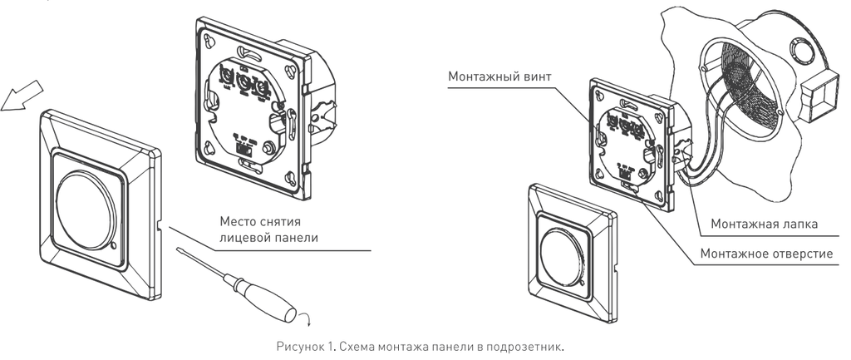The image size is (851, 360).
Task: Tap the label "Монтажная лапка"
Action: point(765,224)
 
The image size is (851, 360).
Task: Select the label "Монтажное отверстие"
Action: point(765,253)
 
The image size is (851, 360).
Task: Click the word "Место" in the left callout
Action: point(239,222)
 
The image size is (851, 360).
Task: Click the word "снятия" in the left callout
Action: point(282,222)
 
